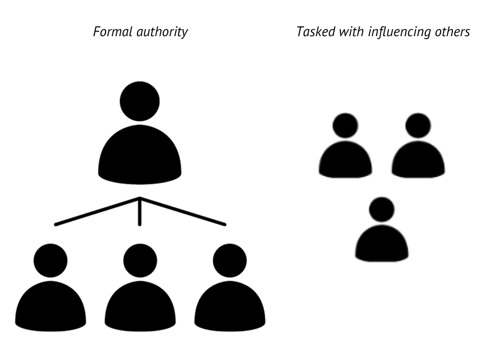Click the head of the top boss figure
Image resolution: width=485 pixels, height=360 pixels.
click(x=140, y=102)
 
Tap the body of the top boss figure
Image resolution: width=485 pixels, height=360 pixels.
click(x=140, y=155)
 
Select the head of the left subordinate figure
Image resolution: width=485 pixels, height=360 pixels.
click(x=50, y=260)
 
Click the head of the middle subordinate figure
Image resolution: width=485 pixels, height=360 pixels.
click(x=140, y=260)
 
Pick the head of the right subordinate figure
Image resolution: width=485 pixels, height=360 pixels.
click(x=230, y=260)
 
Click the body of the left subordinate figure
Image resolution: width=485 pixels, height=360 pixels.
click(x=50, y=306)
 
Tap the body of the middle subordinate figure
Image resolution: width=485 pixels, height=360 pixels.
click(x=140, y=306)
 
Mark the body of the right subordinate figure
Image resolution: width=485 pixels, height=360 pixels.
click(x=230, y=306)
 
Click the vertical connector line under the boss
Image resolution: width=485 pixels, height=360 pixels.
click(x=139, y=213)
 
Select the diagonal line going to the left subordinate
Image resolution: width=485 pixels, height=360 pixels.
click(x=96, y=211)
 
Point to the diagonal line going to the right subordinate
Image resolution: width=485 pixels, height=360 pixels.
click(x=183, y=211)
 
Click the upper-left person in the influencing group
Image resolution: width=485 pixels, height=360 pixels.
click(x=345, y=149)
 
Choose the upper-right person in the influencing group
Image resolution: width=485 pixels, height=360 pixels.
click(x=418, y=149)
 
